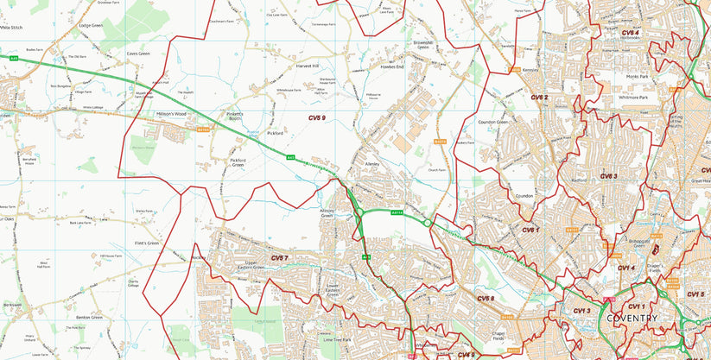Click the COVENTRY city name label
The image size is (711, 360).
pyautogui.click(x=632, y=319)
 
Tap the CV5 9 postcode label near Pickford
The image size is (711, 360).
pyautogui.click(x=317, y=117)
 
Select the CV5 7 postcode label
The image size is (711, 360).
pyautogui.click(x=279, y=258)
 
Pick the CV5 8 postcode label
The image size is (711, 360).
pyautogui.click(x=486, y=299)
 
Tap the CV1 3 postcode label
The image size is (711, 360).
pyautogui.click(x=581, y=311)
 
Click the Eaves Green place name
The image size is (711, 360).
pyautogui.click(x=138, y=54)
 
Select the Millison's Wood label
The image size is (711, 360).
pyautogui.click(x=171, y=114)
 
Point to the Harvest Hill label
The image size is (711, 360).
pyautogui.click(x=308, y=66)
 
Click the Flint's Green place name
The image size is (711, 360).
pyautogui.click(x=147, y=243)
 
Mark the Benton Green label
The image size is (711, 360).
pyautogui.click(x=89, y=318)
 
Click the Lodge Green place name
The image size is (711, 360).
pyautogui.click(x=91, y=26)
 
